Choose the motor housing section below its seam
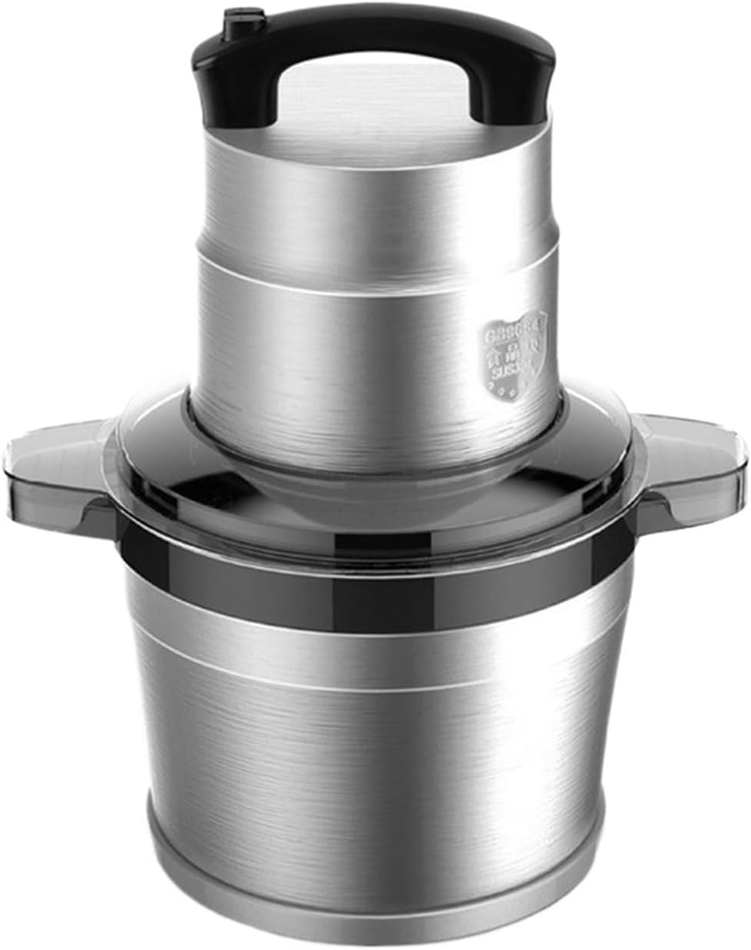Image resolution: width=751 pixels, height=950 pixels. (x=346, y=338)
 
